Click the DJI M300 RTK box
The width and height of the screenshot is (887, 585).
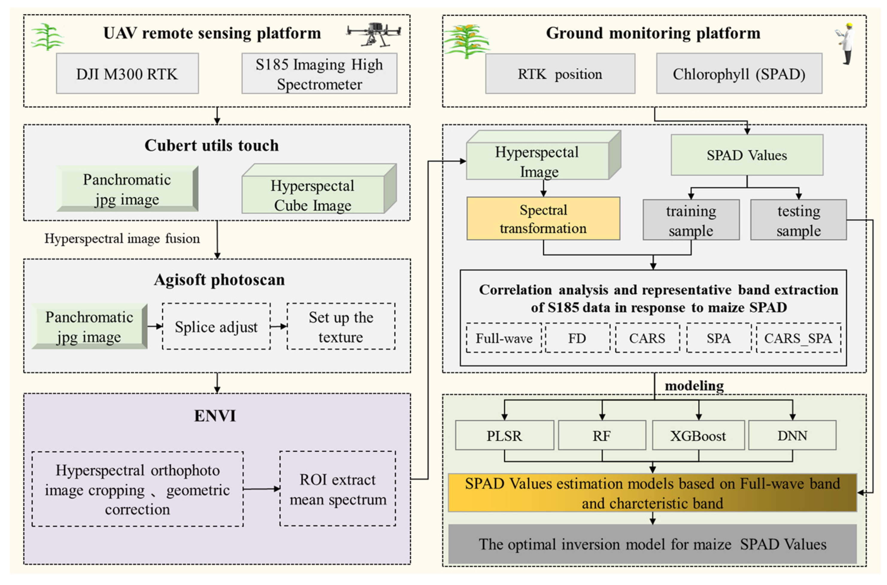click(127, 73)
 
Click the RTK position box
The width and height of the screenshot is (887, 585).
click(560, 73)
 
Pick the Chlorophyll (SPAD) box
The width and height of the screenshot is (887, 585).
click(739, 73)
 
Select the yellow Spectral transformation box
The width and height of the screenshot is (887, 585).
click(543, 219)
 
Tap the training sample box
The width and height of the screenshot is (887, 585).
click(691, 220)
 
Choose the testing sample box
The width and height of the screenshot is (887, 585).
click(798, 220)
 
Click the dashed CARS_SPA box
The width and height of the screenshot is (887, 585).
click(798, 338)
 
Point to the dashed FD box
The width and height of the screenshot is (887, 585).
click(577, 338)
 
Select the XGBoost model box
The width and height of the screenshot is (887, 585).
click(698, 435)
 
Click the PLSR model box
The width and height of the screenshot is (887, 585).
click(504, 435)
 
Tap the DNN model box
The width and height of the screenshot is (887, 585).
click(792, 435)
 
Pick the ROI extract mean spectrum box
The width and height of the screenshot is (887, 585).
click(338, 489)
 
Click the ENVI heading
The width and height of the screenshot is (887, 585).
click(215, 416)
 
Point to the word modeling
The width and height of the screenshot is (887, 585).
click(694, 385)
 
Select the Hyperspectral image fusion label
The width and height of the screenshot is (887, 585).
click(122, 238)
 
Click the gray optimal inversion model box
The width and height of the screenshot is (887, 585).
click(652, 544)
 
